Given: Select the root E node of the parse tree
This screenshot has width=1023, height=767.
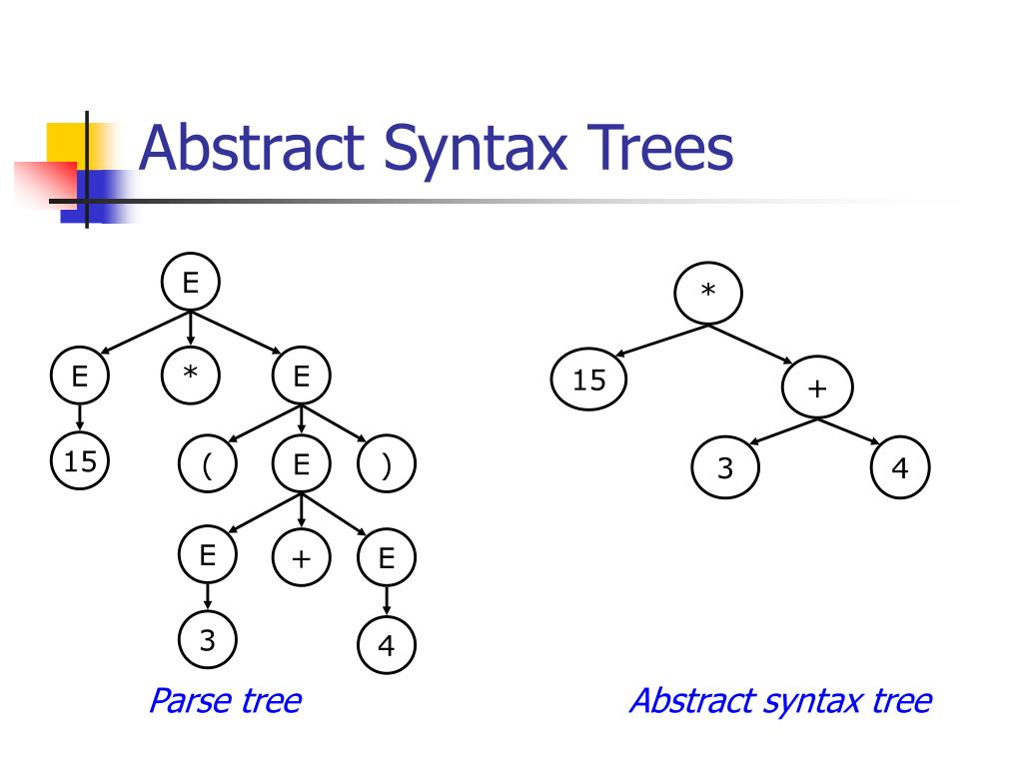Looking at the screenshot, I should (190, 284).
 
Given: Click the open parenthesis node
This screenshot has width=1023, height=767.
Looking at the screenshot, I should (208, 467).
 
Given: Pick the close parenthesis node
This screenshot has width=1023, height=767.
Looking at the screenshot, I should (386, 467).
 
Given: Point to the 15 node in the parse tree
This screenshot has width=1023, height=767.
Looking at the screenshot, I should (80, 461).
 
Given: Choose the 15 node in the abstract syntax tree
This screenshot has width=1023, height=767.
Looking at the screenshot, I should (589, 380).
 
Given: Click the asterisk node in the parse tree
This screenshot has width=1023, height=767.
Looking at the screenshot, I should (190, 376).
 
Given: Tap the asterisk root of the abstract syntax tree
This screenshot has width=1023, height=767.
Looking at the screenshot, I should (708, 292).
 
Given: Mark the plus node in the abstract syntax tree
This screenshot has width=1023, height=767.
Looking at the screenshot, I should (818, 387).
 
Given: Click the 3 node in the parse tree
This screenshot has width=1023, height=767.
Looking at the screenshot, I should (208, 640).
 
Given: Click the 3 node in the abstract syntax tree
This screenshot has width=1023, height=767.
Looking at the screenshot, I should (725, 467).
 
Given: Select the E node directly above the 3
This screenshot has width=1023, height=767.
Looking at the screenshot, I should (208, 555).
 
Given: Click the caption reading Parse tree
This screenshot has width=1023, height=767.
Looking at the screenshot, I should (224, 700).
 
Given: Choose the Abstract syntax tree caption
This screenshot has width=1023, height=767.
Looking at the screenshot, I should (779, 700).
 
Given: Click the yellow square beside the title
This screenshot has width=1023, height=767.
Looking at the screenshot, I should (66, 142).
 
